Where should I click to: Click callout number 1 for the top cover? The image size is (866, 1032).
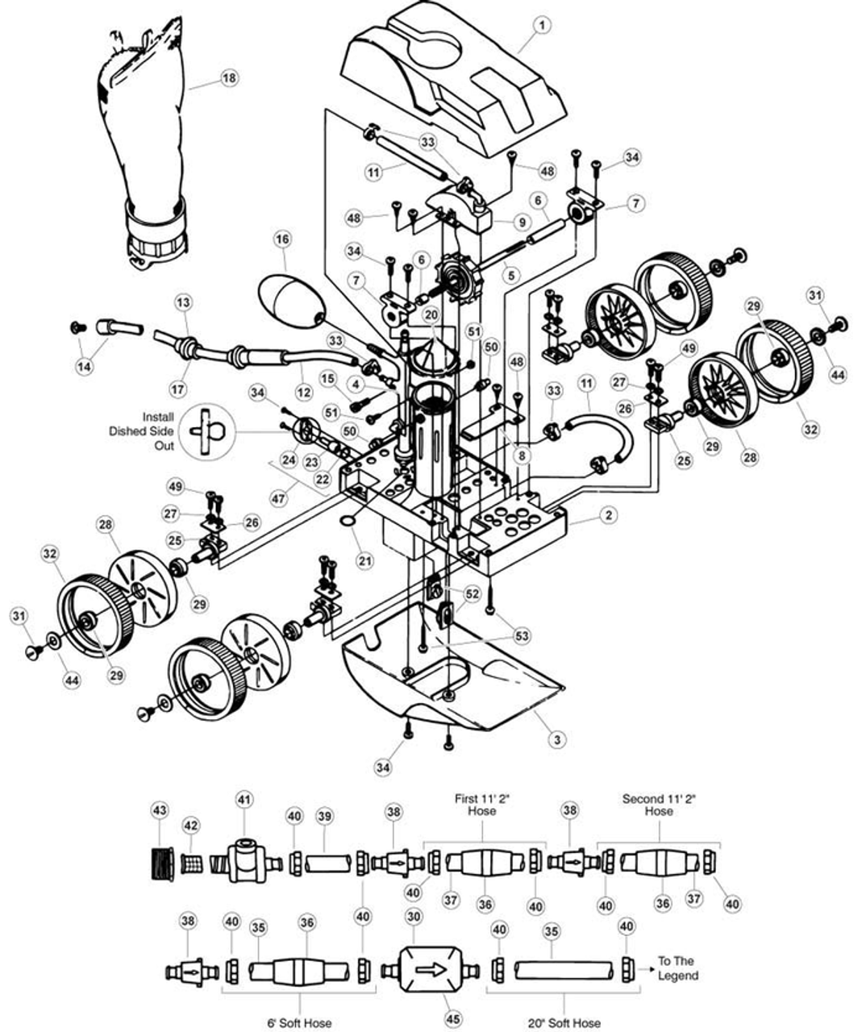pos(542,26)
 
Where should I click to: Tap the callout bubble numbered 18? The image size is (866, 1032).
pos(230,77)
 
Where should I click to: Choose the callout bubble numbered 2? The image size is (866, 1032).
pos(608,514)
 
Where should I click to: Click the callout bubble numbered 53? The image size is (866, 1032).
pos(522,636)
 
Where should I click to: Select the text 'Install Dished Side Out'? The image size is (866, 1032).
pos(143,431)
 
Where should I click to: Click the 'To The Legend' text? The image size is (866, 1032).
pos(677,967)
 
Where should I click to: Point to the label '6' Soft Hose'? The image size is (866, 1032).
pos(299,1022)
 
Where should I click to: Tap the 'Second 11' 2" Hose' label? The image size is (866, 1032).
pos(658,805)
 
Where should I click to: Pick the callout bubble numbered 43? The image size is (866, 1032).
pos(159,809)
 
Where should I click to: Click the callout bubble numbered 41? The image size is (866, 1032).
pos(244,800)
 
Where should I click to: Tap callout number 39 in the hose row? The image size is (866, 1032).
pos(324,816)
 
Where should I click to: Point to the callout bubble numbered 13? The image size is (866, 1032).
pos(184,302)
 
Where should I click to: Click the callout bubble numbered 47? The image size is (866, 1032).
pos(279,499)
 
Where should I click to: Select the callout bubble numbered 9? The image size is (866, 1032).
pos(522,222)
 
